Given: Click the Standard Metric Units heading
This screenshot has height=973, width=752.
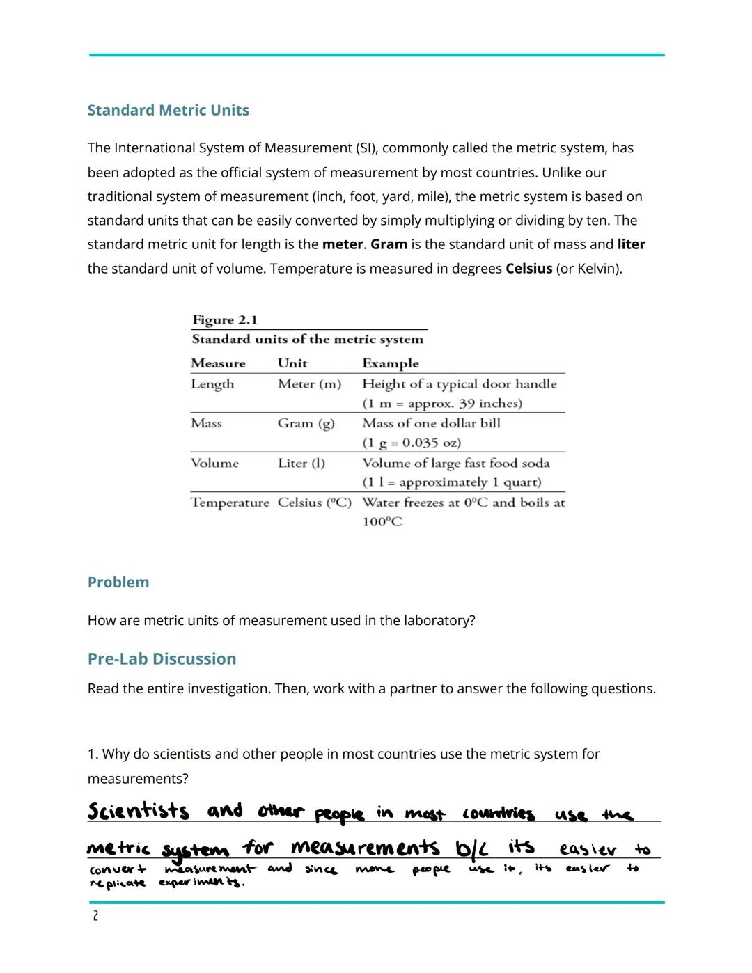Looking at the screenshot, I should [168, 110].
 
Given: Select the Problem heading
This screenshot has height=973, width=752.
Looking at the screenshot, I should [118, 582].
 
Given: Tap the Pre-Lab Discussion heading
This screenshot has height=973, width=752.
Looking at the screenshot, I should [162, 658].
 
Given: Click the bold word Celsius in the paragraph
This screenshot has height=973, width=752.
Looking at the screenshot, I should [528, 268].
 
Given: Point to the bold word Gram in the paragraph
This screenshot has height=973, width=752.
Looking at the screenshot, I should [389, 244].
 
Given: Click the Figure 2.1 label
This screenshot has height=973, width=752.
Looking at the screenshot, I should [225, 320].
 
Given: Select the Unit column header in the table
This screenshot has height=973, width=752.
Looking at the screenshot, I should [292, 363].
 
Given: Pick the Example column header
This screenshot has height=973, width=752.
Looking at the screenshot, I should [390, 363].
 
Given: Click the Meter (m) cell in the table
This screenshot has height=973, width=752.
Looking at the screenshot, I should [309, 383].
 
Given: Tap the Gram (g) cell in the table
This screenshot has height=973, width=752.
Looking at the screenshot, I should [306, 423].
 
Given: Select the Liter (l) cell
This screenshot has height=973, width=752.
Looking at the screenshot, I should [301, 463].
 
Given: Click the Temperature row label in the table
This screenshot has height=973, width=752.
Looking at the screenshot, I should [230, 503].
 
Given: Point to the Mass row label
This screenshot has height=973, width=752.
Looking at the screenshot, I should [206, 423].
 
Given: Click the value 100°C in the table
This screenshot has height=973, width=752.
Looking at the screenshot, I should [382, 522].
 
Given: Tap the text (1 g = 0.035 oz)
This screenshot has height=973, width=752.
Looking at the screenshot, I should [411, 443].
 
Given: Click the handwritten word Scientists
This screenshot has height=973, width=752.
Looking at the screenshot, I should [138, 812].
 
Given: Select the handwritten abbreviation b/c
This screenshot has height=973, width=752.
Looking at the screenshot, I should [471, 848].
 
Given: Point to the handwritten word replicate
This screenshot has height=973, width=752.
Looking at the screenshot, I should [118, 883].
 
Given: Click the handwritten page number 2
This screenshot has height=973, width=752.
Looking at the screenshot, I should [95, 916].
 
